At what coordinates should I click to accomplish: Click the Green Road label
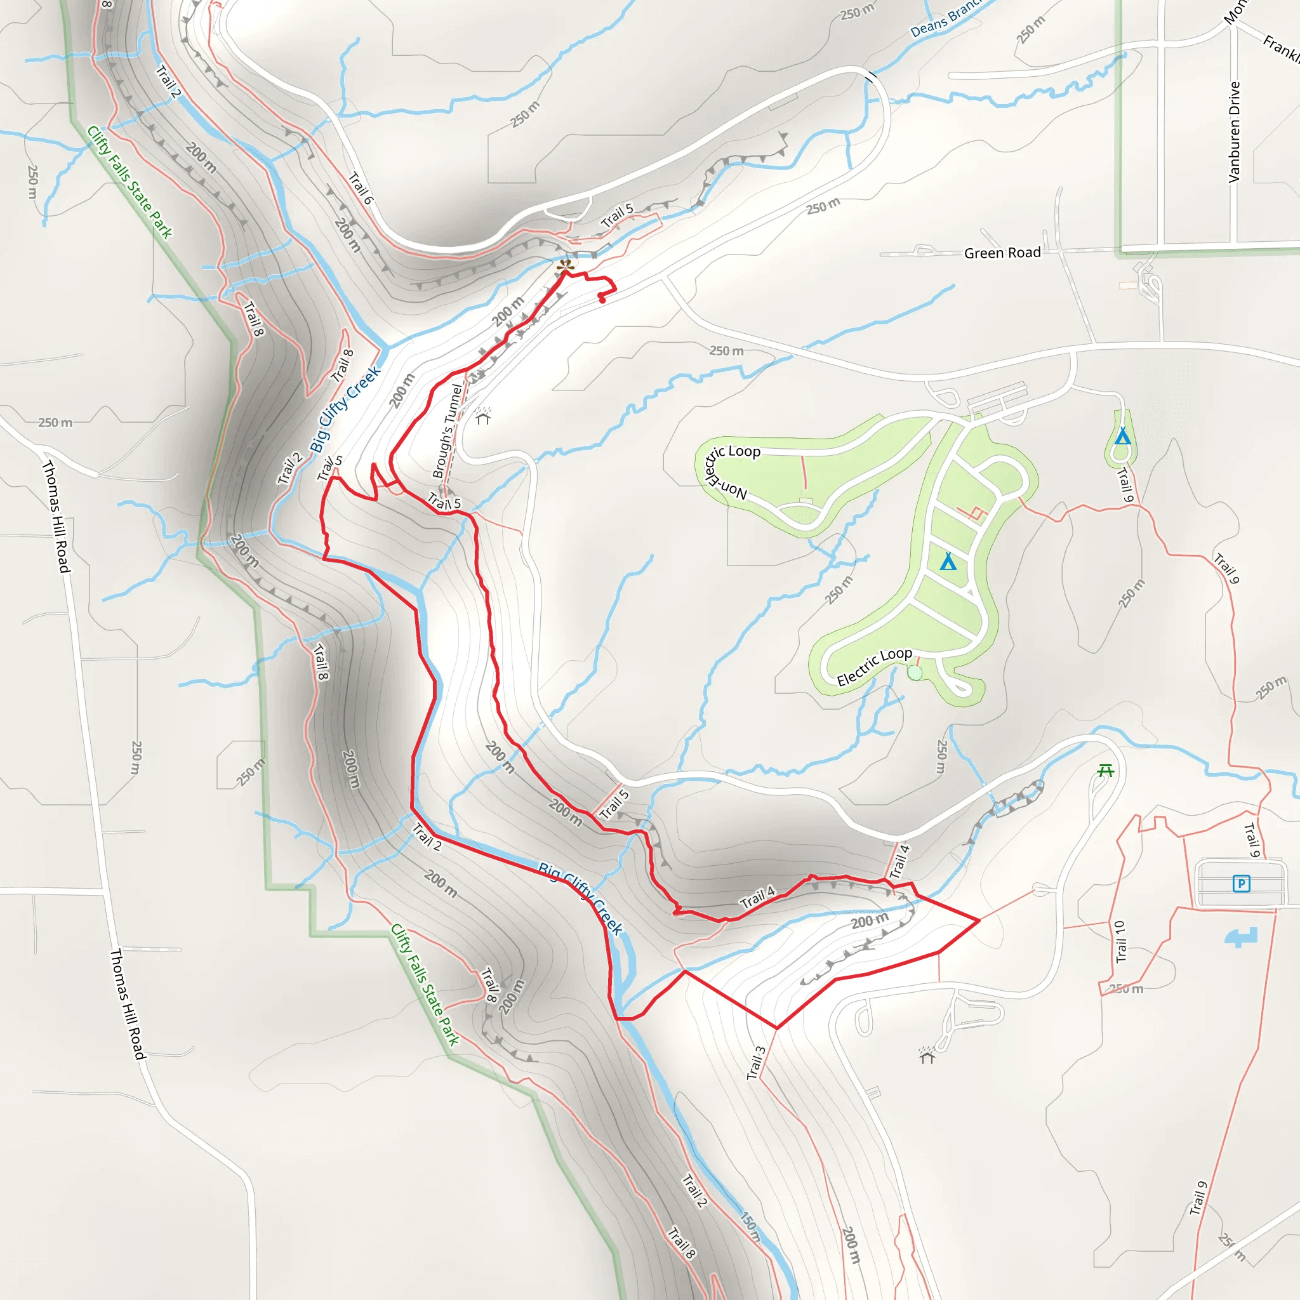coord(1002,253)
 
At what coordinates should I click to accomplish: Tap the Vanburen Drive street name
coord(1234,132)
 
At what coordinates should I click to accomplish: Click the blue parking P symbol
coord(1242,884)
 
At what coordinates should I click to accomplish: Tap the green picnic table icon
coord(1106,771)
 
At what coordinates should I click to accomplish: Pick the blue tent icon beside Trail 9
coord(1122,437)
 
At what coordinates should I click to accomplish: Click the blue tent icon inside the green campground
coord(948,561)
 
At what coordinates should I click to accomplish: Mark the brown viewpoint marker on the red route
coord(565,267)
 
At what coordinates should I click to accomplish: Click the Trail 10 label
coord(1119,942)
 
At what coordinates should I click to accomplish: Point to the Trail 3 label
coord(756,1063)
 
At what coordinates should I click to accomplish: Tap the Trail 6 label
coord(361,188)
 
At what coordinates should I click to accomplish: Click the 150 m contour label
coord(750,1225)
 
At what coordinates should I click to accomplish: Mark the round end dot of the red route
coord(602,300)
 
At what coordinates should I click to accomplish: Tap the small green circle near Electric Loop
coord(915,673)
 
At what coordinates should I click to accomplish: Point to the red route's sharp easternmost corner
coord(979,920)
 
